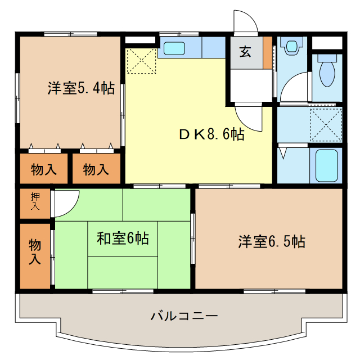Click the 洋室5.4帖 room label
(x=81, y=88)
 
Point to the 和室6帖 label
(x=123, y=238)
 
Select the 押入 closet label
(x=35, y=201)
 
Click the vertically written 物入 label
(x=35, y=251)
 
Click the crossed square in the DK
(x=141, y=61)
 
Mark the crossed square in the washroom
(x=326, y=124)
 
